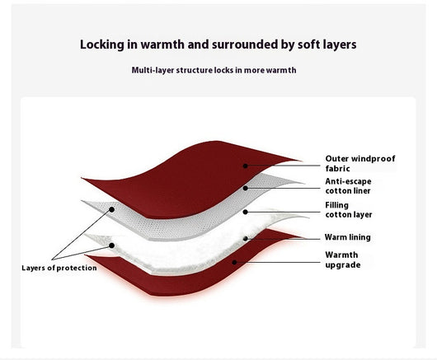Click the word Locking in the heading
pyautogui.click(x=102, y=44)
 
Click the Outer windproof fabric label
pyautogui.click(x=360, y=163)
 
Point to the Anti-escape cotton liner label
pyautogui.click(x=349, y=186)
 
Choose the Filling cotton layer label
pyautogui.click(x=349, y=210)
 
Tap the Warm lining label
pyautogui.click(x=347, y=237)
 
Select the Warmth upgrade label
pyautogui.click(x=343, y=259)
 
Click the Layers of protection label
pyautogui.click(x=59, y=268)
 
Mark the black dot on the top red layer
pyautogui.click(x=245, y=166)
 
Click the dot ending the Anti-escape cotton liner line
pyautogui.click(x=245, y=188)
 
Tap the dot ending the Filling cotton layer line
pyautogui.click(x=245, y=212)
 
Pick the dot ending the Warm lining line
pyautogui.click(x=245, y=239)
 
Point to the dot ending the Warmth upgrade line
pyautogui.click(x=234, y=262)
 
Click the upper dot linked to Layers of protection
pyautogui.click(x=111, y=209)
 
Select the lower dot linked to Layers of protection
pyautogui.click(x=111, y=245)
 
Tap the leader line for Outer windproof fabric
pyautogui.click(x=283, y=166)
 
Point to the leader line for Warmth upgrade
pyautogui.click(x=277, y=262)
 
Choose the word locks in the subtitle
pyautogui.click(x=223, y=70)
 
